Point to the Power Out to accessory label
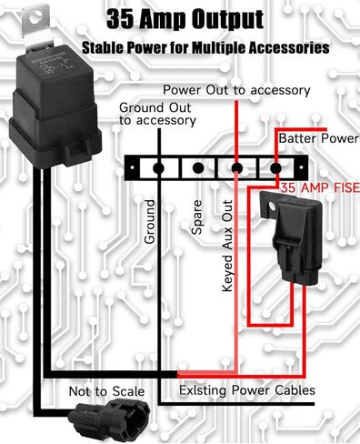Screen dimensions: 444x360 [235, 90]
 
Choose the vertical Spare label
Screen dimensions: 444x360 [197, 219]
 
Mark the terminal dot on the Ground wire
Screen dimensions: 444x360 [158, 167]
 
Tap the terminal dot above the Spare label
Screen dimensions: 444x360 [197, 168]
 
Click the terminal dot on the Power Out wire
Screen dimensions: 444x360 [236, 168]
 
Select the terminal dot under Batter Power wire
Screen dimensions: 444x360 [275, 168]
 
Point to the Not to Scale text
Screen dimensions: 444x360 [106, 391]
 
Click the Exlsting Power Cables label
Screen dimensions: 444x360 [246, 390]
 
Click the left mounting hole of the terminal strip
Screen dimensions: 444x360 [135, 168]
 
